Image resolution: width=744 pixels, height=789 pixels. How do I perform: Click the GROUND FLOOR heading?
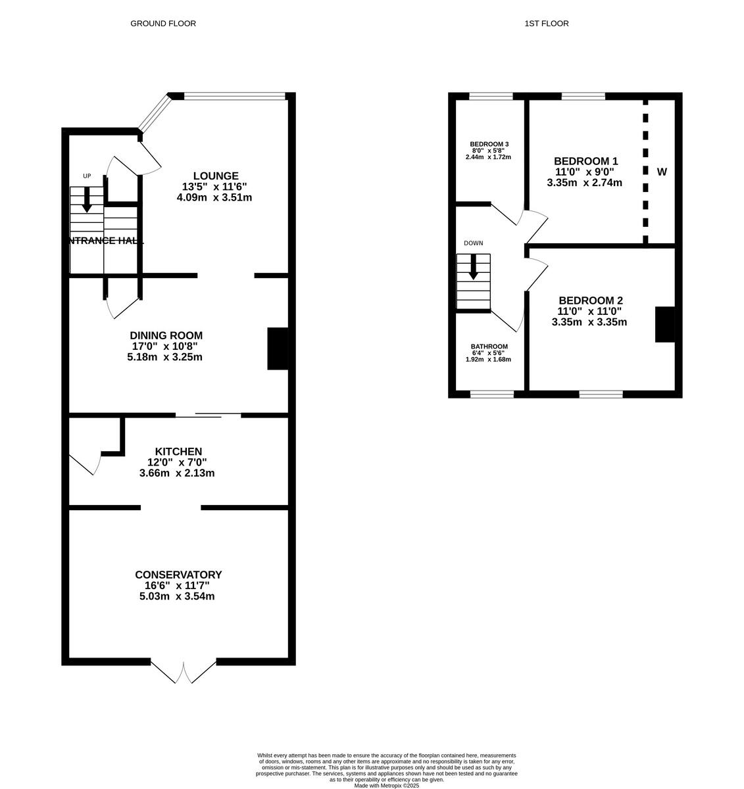pos(163,24)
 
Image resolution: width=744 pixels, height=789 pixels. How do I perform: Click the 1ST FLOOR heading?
pos(546,24)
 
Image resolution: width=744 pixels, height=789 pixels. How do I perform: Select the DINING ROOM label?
pos(166,335)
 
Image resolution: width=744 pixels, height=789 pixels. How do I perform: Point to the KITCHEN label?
pos(178,452)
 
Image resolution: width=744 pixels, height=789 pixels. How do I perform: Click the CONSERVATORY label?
pos(178,575)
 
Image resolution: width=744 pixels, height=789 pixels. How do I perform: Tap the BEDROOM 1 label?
pos(585,161)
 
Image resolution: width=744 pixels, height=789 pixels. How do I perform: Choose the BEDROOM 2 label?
pos(589,300)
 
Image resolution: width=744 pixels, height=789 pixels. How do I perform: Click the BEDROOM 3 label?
pos(489,144)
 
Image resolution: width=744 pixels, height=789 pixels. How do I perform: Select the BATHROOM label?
pos(489,347)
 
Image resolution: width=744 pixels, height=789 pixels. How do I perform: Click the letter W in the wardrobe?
pos(662,172)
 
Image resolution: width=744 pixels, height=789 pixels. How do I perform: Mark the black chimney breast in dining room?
pos(277,348)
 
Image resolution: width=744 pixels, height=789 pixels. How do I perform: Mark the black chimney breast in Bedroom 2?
pos(664,324)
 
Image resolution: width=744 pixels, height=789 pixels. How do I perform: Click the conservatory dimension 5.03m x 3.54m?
pos(178,596)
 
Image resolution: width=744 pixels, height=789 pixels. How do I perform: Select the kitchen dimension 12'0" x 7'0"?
pos(178,462)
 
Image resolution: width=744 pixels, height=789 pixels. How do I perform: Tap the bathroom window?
pos(492,394)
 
